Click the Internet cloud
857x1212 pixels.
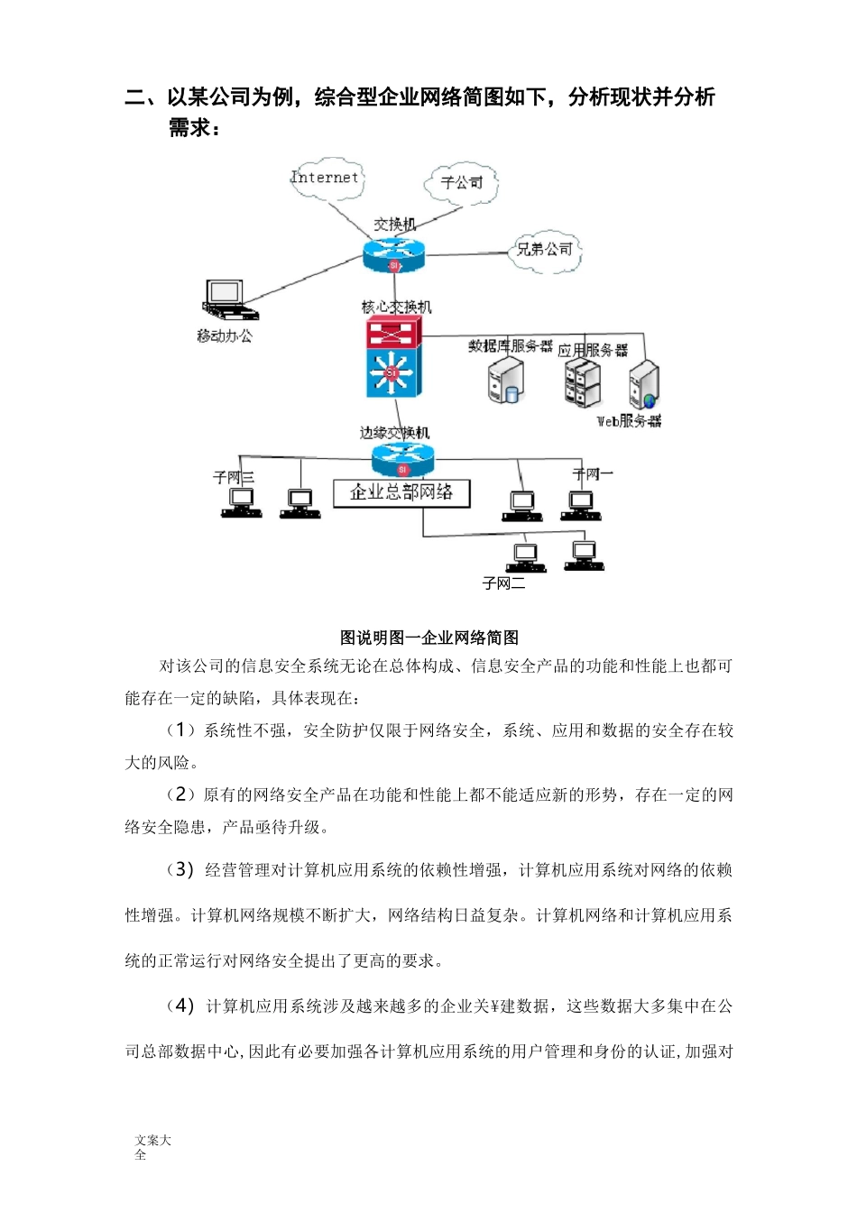pos(326,178)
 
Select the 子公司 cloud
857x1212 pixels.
pos(461,182)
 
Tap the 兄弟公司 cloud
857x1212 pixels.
pos(545,250)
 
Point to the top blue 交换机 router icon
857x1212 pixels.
pos(393,256)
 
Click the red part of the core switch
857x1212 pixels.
pos(393,334)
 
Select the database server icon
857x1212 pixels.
pos(506,381)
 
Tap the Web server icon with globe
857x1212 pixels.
pos(644,385)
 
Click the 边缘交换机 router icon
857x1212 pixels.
pos(402,459)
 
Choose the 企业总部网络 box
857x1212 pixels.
pos(402,492)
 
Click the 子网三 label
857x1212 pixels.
pos(234,477)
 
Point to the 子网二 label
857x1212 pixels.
pos(503,583)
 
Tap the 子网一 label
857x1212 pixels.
pos(593,473)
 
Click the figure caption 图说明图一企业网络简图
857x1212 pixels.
pos(429,638)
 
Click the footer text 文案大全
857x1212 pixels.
pos(152,1147)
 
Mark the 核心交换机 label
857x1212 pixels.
pos(397,308)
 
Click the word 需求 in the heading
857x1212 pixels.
pos(190,128)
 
